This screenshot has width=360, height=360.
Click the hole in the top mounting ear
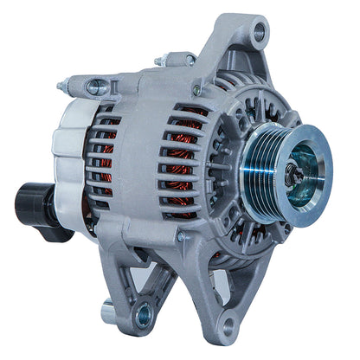[x=258, y=34]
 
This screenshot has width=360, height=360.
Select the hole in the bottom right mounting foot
[x=228, y=325]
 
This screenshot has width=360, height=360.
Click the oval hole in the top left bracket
[x=98, y=87]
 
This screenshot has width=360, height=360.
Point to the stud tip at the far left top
[x=61, y=87]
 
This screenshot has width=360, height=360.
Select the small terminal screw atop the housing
[x=161, y=61]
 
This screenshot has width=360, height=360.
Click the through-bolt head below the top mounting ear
[x=198, y=89]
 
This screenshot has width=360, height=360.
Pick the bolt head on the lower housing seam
[x=181, y=236]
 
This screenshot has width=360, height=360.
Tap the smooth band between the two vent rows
[x=138, y=164]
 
